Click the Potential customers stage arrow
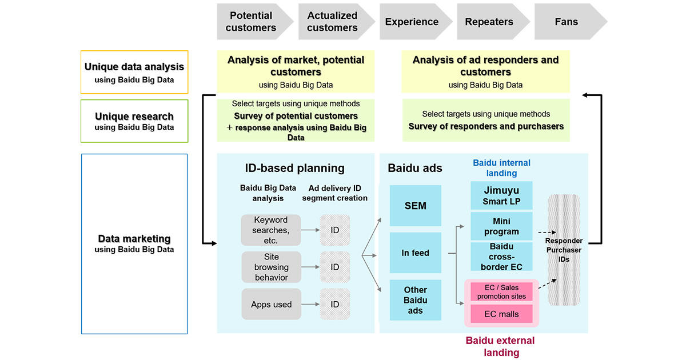pos(251,22)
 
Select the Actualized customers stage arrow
pos(332,22)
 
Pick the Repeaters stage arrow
pos(489,22)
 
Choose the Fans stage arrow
pos(567,22)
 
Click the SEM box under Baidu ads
pos(416,206)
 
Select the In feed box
pos(416,253)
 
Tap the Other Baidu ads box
pos(416,300)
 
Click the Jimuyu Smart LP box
pos(501,196)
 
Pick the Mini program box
pos(501,226)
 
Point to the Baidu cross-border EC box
pos(501,257)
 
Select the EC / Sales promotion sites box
pos(501,292)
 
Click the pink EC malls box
pos(501,313)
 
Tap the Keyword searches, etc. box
pos(271,230)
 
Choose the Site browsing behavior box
pos(271,267)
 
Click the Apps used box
pos(271,305)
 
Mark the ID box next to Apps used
pos(335,305)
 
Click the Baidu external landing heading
pos(500,346)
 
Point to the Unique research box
pos(134,121)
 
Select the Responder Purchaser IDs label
pos(564,250)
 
